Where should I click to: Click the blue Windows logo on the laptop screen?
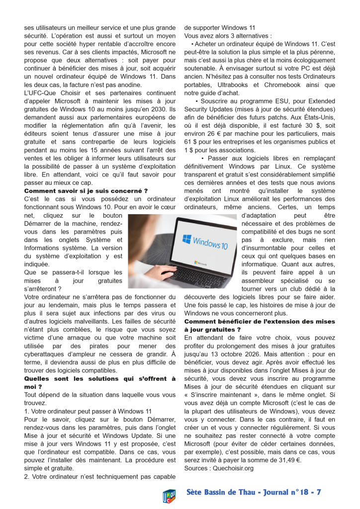pos(186,240)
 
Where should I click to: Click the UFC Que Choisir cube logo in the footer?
pos(170,495)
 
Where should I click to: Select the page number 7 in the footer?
pos(318,492)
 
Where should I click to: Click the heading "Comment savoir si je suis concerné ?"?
pos(86,190)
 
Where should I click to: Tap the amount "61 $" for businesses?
pos(190,142)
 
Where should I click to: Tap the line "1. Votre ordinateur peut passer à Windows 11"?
pos(88,412)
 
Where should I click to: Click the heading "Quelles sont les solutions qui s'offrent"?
pos(99,379)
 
